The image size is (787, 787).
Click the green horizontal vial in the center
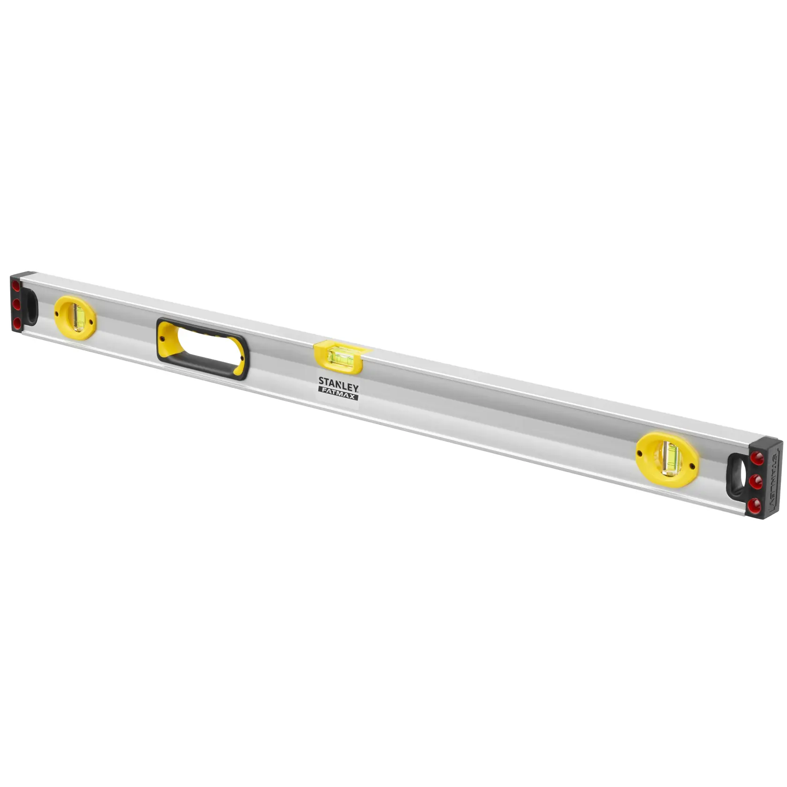click(339, 356)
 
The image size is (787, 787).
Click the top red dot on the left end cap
click(16, 286)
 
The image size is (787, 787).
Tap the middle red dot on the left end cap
click(16, 304)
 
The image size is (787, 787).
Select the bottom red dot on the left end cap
click(16, 322)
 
